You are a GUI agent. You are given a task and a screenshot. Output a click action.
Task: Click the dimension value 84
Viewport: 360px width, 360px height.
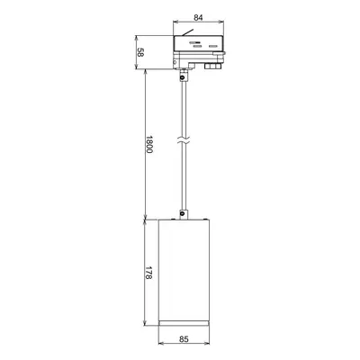[x=198, y=17]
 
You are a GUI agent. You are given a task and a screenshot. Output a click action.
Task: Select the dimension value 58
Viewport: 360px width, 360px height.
[x=140, y=52]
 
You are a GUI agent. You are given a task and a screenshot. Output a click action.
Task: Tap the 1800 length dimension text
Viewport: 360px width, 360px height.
[x=149, y=144]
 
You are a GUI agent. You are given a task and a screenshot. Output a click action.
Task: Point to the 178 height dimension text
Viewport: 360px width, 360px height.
[x=149, y=273]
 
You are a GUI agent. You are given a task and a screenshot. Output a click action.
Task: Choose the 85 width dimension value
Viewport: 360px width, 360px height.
[x=184, y=339]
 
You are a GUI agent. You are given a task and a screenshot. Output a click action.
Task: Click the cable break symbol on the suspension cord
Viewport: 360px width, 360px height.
[x=184, y=141]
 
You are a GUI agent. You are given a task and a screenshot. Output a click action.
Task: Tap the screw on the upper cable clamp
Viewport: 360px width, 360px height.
[x=183, y=77]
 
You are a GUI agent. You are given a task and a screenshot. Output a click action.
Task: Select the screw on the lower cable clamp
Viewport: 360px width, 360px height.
[x=183, y=214]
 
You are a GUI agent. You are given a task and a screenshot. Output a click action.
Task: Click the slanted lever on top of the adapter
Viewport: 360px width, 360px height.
[x=188, y=32]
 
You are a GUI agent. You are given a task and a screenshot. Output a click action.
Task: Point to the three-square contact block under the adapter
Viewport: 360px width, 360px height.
[x=213, y=66]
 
